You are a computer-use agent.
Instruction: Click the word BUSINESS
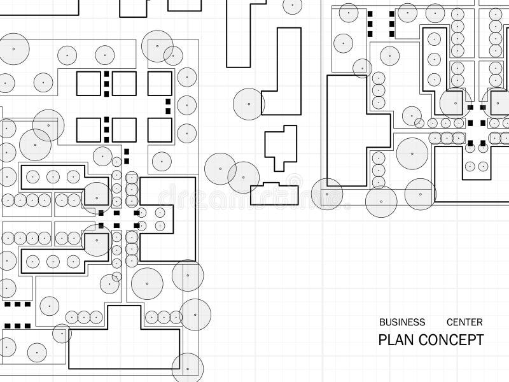[402, 322]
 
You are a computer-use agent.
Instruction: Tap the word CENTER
[464, 322]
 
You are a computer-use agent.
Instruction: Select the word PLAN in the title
[396, 340]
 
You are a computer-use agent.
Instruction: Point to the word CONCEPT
[451, 340]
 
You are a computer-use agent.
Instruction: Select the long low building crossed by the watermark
[274, 194]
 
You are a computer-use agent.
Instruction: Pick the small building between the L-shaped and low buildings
[281, 148]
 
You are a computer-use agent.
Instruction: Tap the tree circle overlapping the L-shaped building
[249, 104]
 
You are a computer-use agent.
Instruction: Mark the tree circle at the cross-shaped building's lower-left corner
[327, 194]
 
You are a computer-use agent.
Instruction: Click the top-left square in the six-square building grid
[88, 84]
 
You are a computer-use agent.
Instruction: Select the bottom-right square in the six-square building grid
[160, 131]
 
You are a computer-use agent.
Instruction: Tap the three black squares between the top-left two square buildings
[106, 84]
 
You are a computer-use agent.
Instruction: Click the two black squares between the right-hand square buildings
[168, 106]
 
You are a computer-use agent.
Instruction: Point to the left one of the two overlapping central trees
[220, 169]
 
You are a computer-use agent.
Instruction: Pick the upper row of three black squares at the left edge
[18, 304]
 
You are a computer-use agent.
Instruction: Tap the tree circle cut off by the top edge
[293, 5]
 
